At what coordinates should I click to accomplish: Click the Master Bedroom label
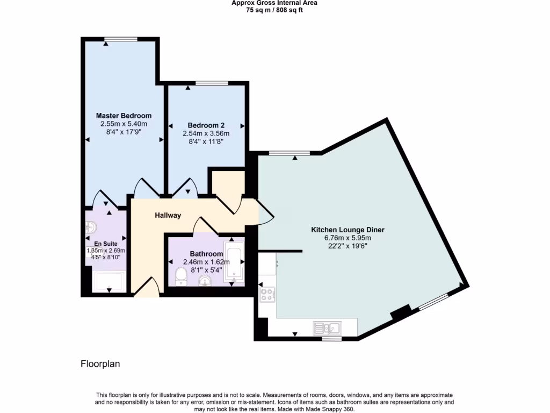click(124, 116)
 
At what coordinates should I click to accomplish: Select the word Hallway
click(168, 216)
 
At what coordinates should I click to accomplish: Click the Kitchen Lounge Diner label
click(348, 230)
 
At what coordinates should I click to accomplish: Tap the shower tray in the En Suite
click(110, 281)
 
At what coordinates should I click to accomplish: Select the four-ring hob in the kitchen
click(267, 294)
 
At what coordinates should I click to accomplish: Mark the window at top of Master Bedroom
click(121, 39)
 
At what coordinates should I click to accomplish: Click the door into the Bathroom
click(205, 226)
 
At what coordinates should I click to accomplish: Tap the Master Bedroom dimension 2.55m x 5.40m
click(124, 124)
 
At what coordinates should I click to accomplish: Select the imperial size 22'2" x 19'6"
click(348, 246)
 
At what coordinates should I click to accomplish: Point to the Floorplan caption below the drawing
click(100, 364)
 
